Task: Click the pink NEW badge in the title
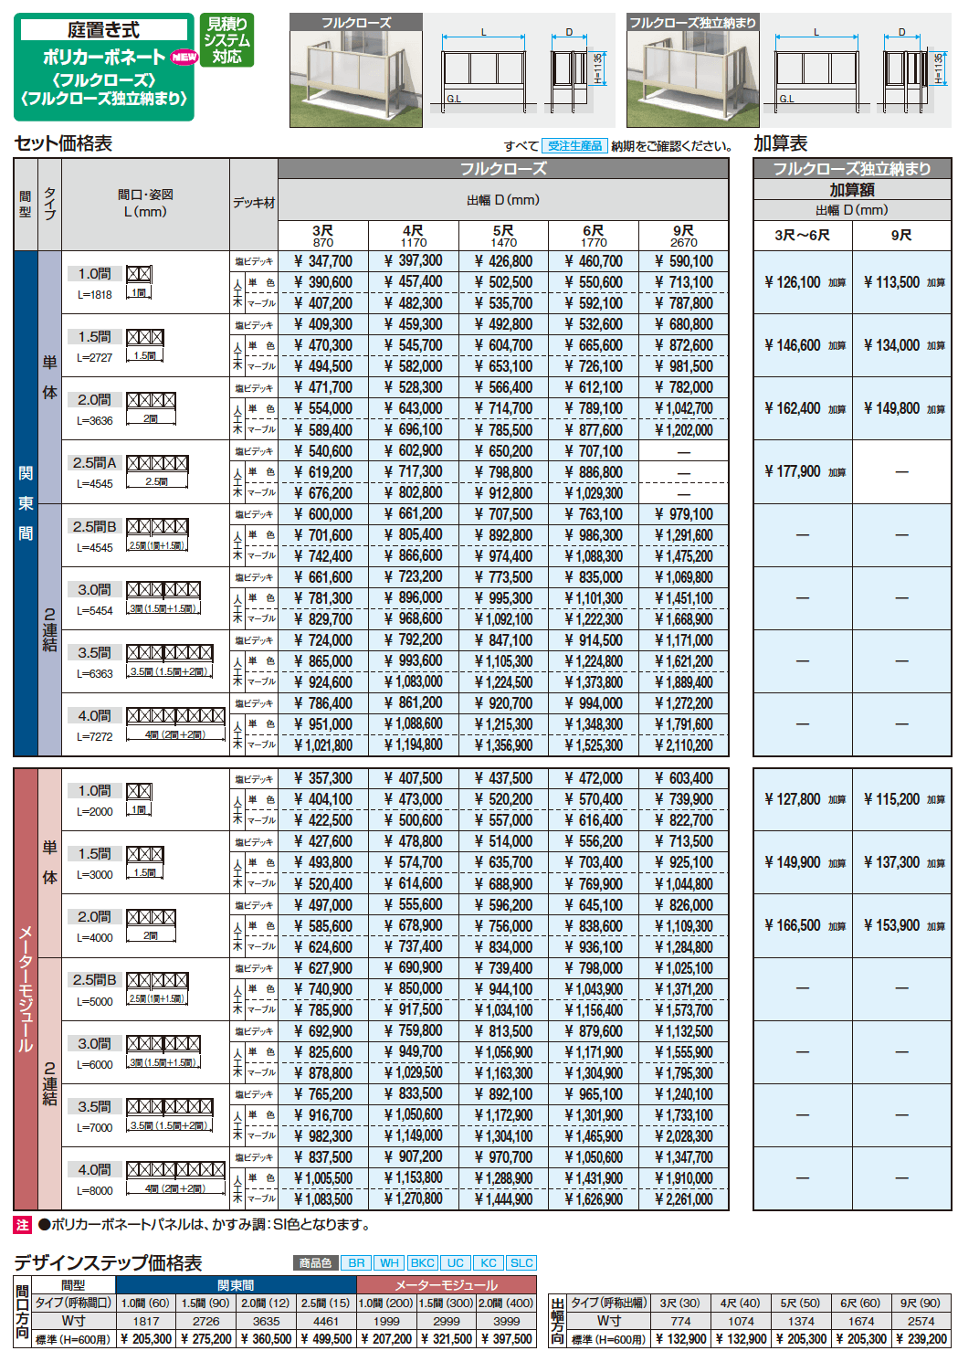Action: (x=184, y=57)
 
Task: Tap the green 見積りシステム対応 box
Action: (x=226, y=40)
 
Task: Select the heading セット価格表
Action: (x=63, y=143)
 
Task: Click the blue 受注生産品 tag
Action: (x=574, y=145)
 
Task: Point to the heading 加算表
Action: (x=780, y=143)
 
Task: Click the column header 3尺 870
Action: (x=322, y=236)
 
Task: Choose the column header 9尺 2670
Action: (x=683, y=236)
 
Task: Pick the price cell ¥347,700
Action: (x=323, y=261)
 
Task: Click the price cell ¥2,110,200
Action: (x=684, y=745)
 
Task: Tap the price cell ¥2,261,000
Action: (x=684, y=1199)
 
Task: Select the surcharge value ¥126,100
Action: (x=793, y=282)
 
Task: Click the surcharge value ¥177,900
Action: (x=793, y=471)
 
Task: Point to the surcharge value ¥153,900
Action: (x=891, y=925)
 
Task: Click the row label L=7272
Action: (x=95, y=736)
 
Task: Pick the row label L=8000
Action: (x=95, y=1190)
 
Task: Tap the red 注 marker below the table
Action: (x=23, y=1225)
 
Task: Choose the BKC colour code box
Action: (x=423, y=1262)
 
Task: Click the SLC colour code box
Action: (x=521, y=1262)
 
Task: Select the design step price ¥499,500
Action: (x=326, y=1338)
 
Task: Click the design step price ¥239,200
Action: (x=921, y=1338)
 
